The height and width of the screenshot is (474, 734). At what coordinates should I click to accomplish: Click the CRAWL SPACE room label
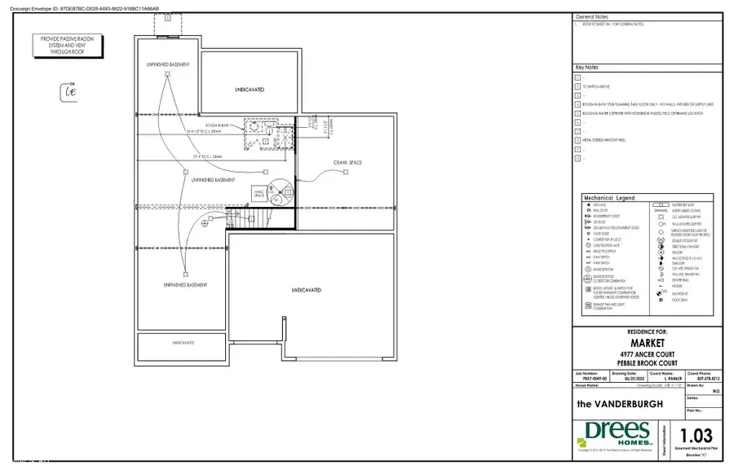(348, 163)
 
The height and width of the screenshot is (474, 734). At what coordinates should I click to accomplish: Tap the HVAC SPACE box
(259, 193)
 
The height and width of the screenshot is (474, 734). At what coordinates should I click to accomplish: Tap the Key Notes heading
(588, 68)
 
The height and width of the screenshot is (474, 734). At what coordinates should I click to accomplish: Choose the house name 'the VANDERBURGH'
(618, 402)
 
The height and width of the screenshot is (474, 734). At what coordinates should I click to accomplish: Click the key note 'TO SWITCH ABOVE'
(596, 86)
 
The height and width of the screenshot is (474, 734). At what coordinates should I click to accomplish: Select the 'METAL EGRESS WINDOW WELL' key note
(604, 140)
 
